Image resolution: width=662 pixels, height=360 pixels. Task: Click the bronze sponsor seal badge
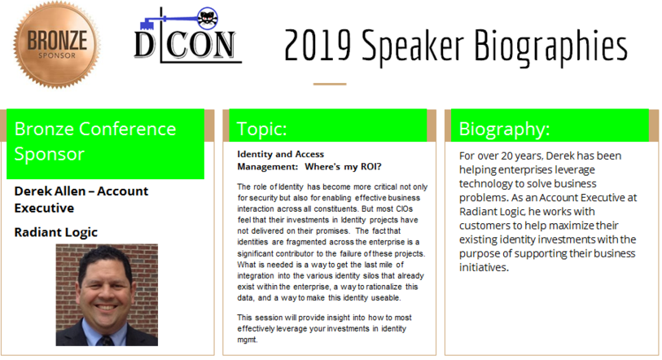(56, 45)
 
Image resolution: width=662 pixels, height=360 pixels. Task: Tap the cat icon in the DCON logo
(208, 19)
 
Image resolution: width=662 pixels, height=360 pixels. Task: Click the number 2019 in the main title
(318, 46)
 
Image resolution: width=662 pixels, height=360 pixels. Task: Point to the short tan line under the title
(330, 84)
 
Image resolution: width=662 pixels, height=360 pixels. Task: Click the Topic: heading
(261, 129)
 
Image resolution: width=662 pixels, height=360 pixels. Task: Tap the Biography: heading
(505, 129)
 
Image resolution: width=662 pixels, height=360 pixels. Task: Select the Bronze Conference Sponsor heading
(95, 141)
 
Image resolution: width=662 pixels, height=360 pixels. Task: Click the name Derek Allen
(50, 191)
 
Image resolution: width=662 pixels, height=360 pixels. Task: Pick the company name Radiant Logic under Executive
(55, 232)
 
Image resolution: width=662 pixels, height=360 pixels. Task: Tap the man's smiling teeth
(106, 307)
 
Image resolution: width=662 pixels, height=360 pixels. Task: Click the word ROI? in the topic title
(370, 166)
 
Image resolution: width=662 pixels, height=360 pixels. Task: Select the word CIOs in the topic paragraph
(404, 209)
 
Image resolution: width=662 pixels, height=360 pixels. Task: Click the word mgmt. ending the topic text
(248, 340)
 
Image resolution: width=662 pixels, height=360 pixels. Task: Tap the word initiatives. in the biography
(484, 267)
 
